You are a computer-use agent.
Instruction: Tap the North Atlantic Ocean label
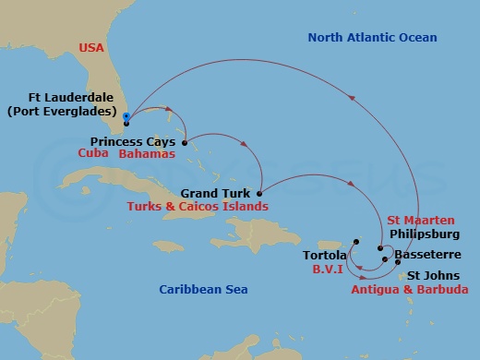pos(371,37)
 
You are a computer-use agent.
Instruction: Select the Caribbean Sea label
pos(203,289)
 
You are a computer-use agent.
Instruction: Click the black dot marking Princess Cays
pos(185,143)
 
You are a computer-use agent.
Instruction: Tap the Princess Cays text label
pos(135,142)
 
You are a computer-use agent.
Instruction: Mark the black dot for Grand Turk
pos(259,194)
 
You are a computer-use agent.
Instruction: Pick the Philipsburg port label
pos(426,234)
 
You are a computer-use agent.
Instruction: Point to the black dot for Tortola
pos(355,242)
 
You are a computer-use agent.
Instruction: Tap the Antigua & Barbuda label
pos(409,289)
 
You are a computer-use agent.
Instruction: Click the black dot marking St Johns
pos(398,262)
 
